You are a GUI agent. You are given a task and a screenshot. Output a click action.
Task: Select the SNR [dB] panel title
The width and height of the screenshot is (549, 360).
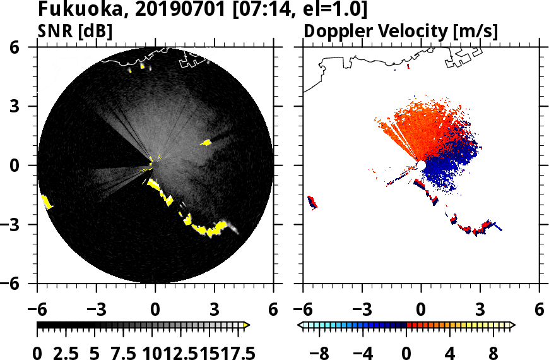click(76, 30)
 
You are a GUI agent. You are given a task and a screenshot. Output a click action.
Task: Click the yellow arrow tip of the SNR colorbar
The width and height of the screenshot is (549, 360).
click(247, 325)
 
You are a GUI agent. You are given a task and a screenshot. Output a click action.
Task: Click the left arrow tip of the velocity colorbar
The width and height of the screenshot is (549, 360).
click(300, 325)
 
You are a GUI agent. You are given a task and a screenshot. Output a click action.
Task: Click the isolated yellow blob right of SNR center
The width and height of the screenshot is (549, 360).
click(206, 143)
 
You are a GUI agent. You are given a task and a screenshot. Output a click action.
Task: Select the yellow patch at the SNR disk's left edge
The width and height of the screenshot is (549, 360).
click(46, 202)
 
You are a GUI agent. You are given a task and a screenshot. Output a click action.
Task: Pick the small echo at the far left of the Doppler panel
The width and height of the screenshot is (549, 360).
click(312, 202)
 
